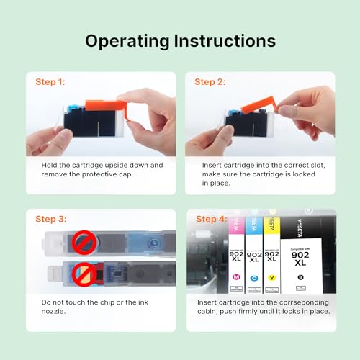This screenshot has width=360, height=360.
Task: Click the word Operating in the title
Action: [x=127, y=41]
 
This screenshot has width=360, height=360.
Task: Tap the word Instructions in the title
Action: [x=225, y=41]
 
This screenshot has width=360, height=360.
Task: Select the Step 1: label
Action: [x=50, y=82]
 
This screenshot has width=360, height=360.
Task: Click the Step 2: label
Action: [x=210, y=82]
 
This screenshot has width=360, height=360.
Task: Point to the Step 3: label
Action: [x=51, y=219]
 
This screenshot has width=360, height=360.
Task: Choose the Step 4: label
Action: [x=211, y=219]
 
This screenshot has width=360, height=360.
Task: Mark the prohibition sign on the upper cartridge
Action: [x=85, y=243]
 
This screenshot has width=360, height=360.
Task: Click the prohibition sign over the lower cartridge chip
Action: [x=84, y=274]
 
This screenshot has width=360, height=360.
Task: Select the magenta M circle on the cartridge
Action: [x=236, y=277]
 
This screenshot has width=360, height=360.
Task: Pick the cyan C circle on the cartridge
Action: [x=254, y=278]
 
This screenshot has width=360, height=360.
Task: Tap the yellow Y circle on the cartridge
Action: [x=271, y=278]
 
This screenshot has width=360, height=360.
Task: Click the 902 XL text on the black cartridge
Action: [x=300, y=258]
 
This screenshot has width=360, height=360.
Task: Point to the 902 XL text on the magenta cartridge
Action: [x=236, y=256]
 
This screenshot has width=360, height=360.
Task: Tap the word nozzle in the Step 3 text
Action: [x=53, y=312]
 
